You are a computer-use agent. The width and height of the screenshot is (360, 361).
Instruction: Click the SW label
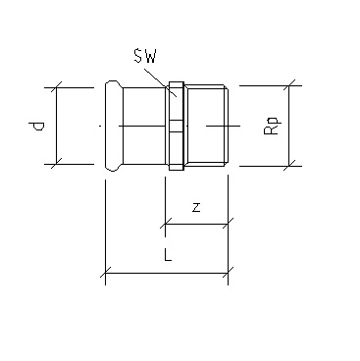[x=145, y=56]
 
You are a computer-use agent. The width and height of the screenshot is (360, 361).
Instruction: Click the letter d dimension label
[x=36, y=126]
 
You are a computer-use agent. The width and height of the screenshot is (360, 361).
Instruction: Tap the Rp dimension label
[x=272, y=127]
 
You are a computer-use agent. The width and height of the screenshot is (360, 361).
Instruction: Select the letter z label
[x=196, y=207]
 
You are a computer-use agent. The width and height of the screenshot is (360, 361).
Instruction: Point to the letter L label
[x=168, y=254]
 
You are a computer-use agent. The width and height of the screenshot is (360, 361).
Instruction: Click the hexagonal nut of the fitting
[x=177, y=126]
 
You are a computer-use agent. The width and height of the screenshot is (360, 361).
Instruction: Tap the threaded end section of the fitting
[x=206, y=126]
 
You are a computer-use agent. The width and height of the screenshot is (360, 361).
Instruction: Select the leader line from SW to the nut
[x=161, y=82]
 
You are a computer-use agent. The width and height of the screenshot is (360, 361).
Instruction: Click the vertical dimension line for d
[x=57, y=126]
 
